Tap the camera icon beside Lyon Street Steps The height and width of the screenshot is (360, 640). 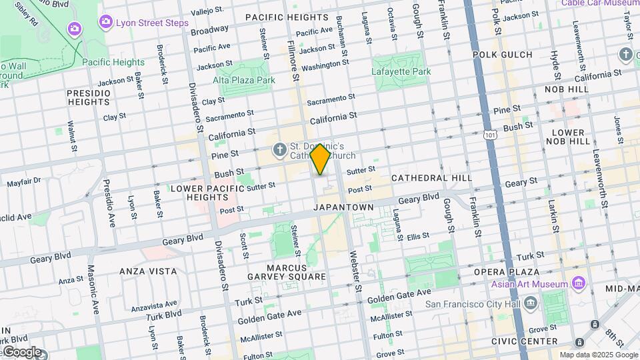105,23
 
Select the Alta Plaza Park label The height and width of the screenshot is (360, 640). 244,80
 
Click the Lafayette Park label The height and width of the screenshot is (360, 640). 401,71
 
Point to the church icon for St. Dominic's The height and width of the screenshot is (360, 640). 280,148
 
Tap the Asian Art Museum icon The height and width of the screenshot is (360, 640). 578,284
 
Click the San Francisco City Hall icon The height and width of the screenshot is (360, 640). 531,304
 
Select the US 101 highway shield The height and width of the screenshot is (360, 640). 491,135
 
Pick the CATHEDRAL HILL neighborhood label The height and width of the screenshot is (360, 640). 431,178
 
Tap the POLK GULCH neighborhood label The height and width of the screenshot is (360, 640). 502,55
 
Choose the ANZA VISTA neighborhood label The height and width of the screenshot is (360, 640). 148,271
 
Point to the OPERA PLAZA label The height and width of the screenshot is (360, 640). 506,272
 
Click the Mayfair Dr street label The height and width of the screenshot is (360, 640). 24,181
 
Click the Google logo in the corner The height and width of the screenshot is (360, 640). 22,352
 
